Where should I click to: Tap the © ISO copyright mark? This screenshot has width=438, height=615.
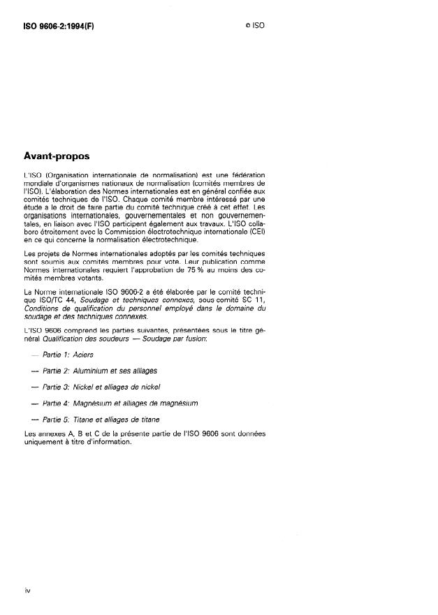(255, 25)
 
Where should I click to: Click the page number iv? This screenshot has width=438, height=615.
(27, 591)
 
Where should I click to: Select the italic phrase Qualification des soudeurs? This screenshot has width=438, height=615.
(78, 339)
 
